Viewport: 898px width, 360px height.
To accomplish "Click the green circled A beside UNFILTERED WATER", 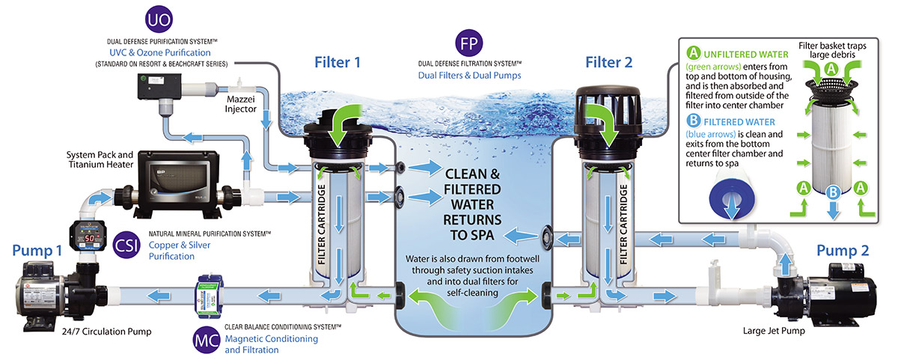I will [694, 54].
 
